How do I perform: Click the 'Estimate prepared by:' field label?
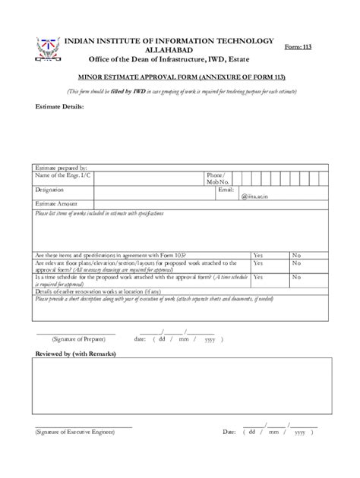(x=63, y=167)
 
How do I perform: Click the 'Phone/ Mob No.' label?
(x=217, y=178)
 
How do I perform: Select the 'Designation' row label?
(x=51, y=190)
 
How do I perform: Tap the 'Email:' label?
(x=225, y=190)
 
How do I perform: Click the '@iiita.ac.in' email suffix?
(x=255, y=197)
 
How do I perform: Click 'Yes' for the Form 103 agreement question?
(x=258, y=255)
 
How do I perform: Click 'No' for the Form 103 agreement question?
(x=296, y=255)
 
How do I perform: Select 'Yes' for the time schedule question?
(x=258, y=278)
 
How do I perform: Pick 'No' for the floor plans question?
(x=296, y=263)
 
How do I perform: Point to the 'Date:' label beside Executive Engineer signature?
(x=229, y=432)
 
